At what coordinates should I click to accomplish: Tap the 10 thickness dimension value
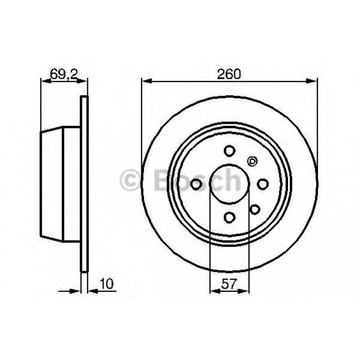pos(106,284)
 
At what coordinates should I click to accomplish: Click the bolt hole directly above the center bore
pos(229,150)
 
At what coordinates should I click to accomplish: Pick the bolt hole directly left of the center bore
pos(196,183)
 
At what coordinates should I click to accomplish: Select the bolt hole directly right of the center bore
pos(263,183)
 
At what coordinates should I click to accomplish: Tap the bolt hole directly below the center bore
pos(229,217)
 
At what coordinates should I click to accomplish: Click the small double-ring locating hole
pos(252,161)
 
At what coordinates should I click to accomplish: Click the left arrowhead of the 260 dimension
pos(145,80)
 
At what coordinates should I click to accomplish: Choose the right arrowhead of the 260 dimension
pos(313,80)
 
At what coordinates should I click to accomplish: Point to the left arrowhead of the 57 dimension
pos(213,291)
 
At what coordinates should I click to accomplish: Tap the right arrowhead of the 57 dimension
pos(246,291)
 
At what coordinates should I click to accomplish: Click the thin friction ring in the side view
pos(84,183)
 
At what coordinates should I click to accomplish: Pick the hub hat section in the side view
pos(60,183)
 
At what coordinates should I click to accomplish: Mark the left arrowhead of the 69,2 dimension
pos(44,80)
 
